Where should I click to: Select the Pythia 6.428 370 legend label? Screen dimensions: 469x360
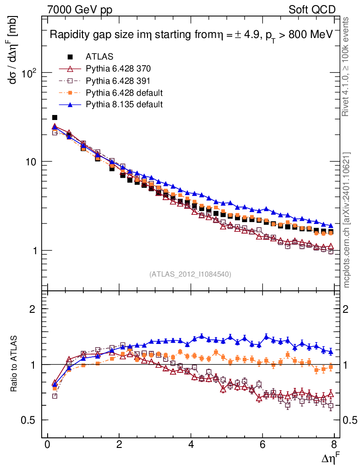[x=118, y=69]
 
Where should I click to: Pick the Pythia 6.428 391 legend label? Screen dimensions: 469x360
[x=118, y=81]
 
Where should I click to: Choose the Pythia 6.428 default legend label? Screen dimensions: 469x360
[x=124, y=93]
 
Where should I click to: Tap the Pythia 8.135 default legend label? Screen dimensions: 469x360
[x=124, y=104]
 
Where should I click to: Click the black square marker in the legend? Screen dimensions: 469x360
[x=70, y=57]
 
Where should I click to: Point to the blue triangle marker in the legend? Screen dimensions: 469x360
[x=70, y=104]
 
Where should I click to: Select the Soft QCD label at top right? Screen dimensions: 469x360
[x=312, y=9]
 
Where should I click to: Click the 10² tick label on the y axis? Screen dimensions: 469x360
[x=28, y=73]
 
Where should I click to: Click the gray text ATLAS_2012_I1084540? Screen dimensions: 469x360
[x=190, y=274]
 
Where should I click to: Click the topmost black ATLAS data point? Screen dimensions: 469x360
[x=55, y=118]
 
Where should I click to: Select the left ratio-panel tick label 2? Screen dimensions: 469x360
[x=33, y=309]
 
